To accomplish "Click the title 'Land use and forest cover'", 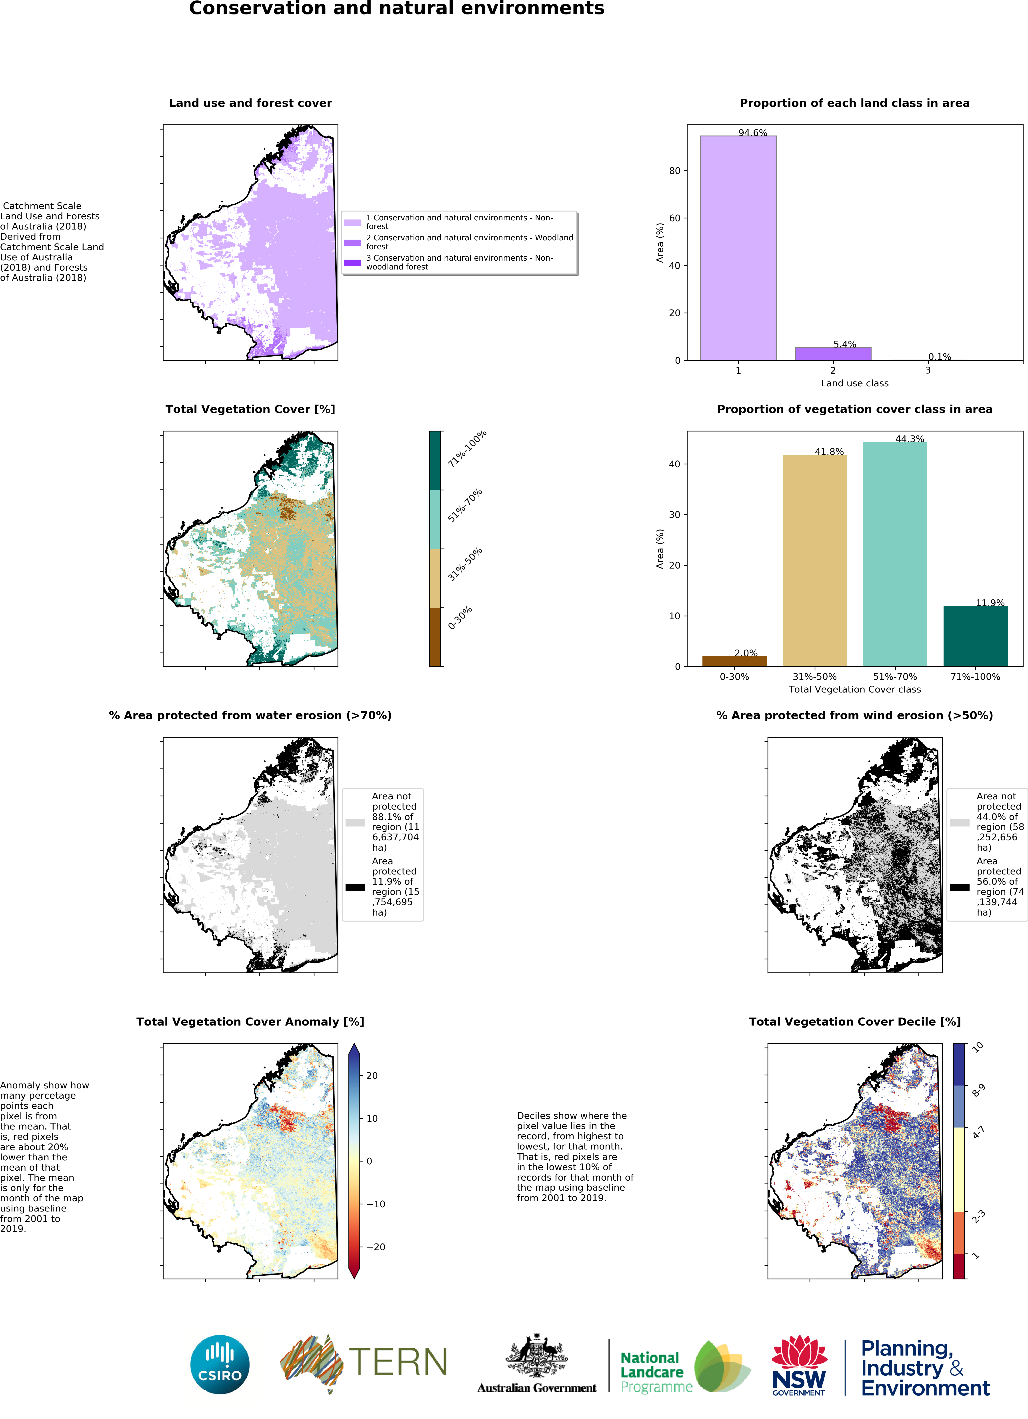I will (250, 103).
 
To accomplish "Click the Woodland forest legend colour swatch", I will (352, 242).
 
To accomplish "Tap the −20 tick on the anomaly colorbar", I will (375, 1247).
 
